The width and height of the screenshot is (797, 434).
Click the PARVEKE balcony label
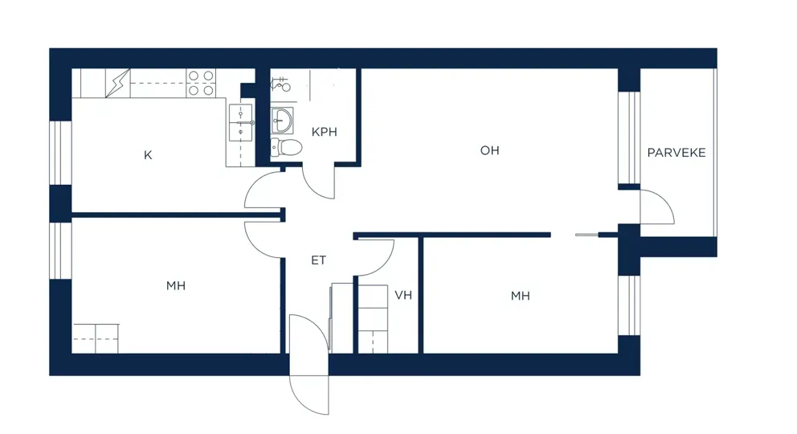[676, 153]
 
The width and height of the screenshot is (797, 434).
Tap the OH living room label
[489, 150]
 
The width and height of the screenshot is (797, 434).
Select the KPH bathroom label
[325, 132]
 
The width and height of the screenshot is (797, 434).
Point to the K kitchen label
[148, 155]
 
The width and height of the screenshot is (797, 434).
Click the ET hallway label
[318, 260]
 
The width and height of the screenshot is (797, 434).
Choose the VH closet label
[403, 295]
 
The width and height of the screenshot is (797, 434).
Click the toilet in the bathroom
[286, 147]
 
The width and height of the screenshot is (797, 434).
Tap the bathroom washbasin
[281, 121]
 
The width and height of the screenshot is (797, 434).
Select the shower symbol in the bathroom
[280, 84]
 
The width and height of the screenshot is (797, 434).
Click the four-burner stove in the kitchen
[201, 83]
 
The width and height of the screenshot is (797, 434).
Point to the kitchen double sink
[240, 122]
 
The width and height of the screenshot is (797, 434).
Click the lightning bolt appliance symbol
[117, 83]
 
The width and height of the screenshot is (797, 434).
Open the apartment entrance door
[309, 364]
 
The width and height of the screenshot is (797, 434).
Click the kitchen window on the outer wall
[60, 153]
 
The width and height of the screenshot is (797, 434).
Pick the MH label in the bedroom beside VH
[520, 296]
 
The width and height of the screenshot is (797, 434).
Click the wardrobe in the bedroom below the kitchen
[96, 338]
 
